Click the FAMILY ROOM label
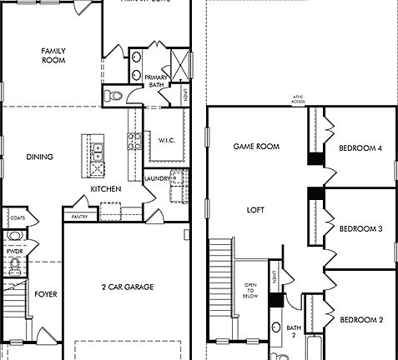click(53, 56)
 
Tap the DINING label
click(40, 156)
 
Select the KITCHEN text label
click(106, 189)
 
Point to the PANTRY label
click(80, 217)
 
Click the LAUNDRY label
click(157, 178)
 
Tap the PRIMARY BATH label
click(157, 79)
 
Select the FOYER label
click(45, 294)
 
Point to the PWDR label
click(14, 250)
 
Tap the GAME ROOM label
click(255, 146)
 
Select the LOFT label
click(255, 210)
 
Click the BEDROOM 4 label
click(360, 148)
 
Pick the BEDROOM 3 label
click(360, 228)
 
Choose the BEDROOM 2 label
click(360, 320)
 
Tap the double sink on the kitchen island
click(97, 151)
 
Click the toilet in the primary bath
click(116, 96)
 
